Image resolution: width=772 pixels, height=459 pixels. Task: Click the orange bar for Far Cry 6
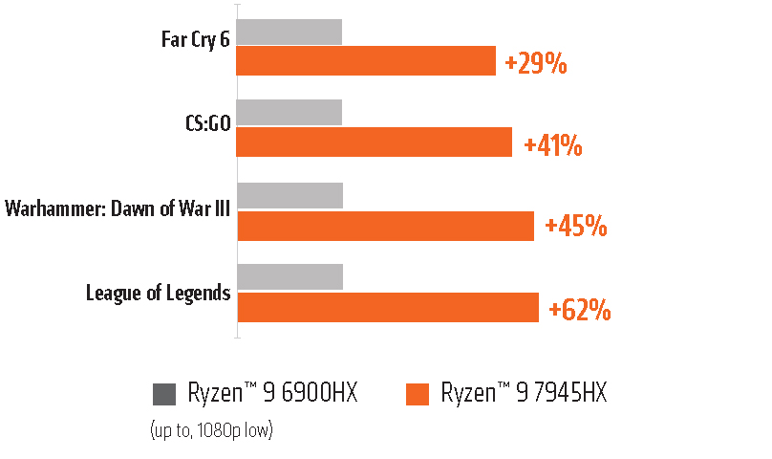point(365,61)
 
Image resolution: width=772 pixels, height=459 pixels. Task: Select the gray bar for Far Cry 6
point(289,32)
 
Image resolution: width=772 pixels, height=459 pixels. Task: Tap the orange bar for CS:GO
point(374,142)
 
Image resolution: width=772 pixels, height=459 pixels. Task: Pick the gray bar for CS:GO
point(289,112)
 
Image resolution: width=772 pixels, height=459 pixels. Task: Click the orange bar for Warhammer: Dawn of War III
point(385,226)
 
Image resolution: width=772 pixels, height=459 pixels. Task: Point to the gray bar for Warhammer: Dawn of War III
point(289,195)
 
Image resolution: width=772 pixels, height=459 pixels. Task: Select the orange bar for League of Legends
point(388,307)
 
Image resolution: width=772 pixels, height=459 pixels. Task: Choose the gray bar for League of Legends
point(289,277)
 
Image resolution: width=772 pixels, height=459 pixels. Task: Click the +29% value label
point(536,64)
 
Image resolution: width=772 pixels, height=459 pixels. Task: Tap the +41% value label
point(553,145)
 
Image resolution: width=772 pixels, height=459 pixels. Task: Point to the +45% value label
point(575,227)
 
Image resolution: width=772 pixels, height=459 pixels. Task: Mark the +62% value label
point(580,309)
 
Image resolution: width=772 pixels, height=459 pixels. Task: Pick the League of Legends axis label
point(158,292)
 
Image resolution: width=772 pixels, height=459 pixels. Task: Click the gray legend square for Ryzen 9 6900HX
point(164,394)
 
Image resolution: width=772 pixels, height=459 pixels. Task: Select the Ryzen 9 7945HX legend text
point(524,393)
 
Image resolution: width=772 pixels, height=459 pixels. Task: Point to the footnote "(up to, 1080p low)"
point(211,430)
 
